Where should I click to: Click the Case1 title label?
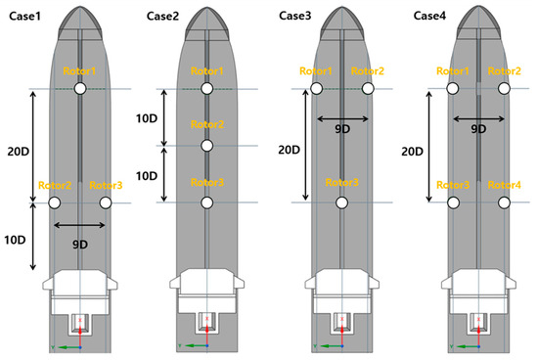(x=24, y=16)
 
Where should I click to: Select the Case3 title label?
(x=295, y=16)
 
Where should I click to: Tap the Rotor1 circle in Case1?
(x=80, y=88)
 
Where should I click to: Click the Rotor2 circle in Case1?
(x=54, y=202)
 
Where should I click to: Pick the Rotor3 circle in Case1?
(x=106, y=202)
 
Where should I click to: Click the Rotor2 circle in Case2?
(x=206, y=146)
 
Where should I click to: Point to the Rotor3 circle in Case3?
(x=341, y=202)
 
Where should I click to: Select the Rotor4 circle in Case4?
(x=504, y=202)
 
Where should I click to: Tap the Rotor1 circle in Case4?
(x=453, y=88)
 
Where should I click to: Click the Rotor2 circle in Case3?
(x=368, y=88)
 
